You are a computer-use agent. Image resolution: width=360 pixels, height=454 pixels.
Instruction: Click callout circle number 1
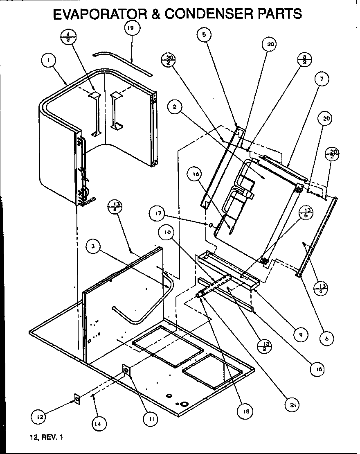[x=49, y=60]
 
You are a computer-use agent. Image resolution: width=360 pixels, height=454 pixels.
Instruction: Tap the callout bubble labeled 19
[x=132, y=29]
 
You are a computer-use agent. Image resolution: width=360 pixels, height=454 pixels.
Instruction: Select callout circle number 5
[x=204, y=35]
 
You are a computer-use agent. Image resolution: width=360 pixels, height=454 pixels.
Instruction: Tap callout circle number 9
[x=300, y=334]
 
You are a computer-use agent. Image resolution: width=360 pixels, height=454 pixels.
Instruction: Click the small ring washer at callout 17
[x=211, y=225]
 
